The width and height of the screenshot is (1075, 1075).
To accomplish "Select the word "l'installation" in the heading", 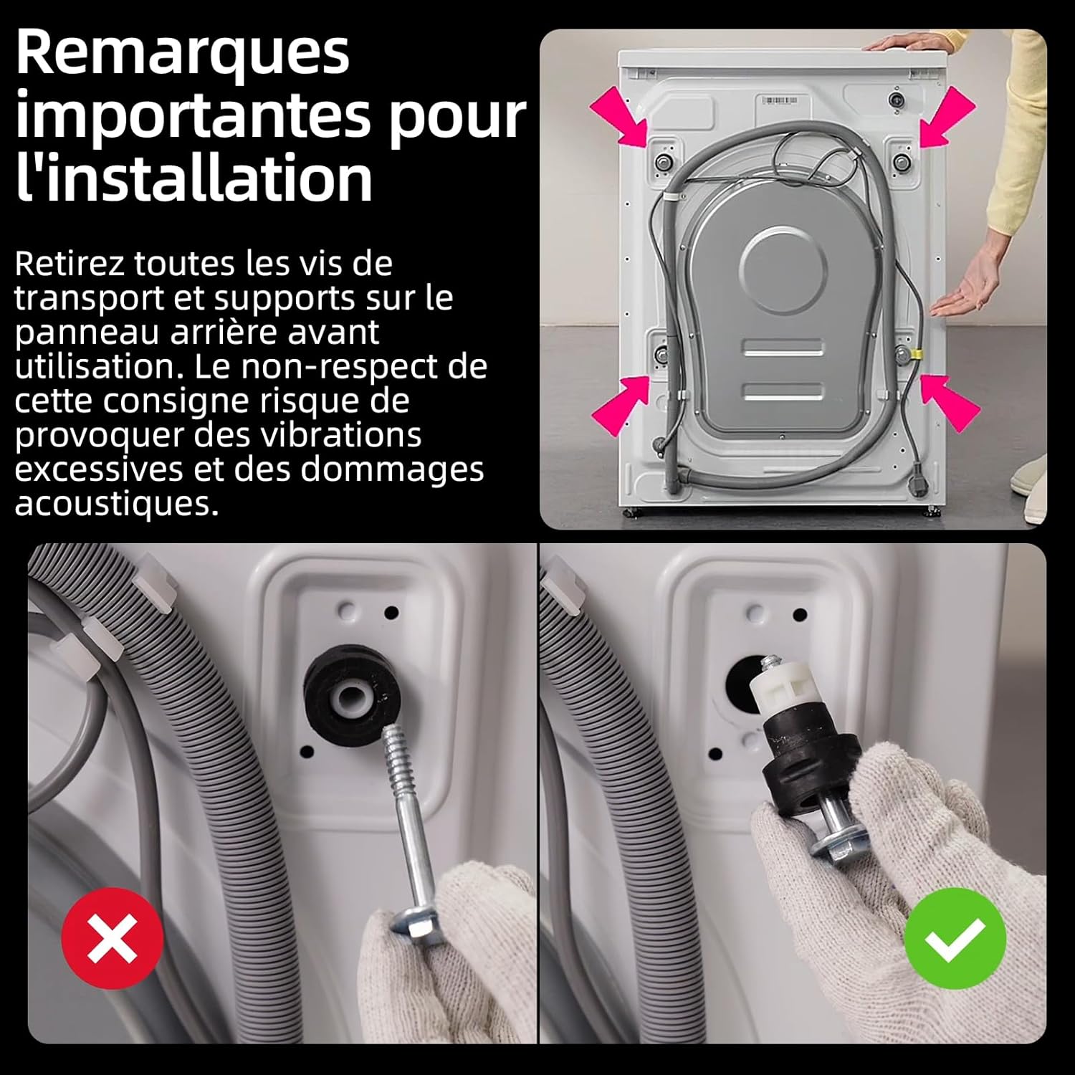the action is click(194, 177).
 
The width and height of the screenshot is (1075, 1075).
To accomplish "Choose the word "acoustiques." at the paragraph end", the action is click(117, 504).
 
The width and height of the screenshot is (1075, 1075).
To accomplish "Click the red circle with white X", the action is click(113, 938).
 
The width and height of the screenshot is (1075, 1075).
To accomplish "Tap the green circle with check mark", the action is click(955, 938).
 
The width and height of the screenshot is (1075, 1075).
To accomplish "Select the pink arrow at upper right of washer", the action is click(947, 116).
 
